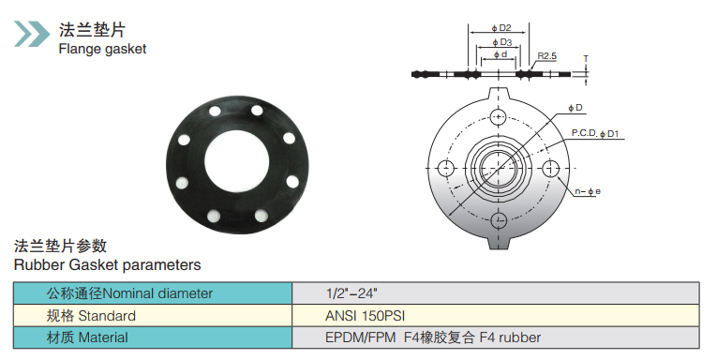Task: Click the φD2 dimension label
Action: click(501, 28)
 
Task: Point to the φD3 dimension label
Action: click(502, 42)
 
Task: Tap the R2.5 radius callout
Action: click(547, 56)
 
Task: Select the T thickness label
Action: click(586, 58)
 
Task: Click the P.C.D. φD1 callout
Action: click(595, 133)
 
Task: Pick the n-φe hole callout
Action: click(588, 191)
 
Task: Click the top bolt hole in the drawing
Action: click(498, 116)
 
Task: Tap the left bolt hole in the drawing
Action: click(446, 169)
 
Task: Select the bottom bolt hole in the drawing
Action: click(498, 220)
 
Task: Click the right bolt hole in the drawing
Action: click(550, 169)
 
